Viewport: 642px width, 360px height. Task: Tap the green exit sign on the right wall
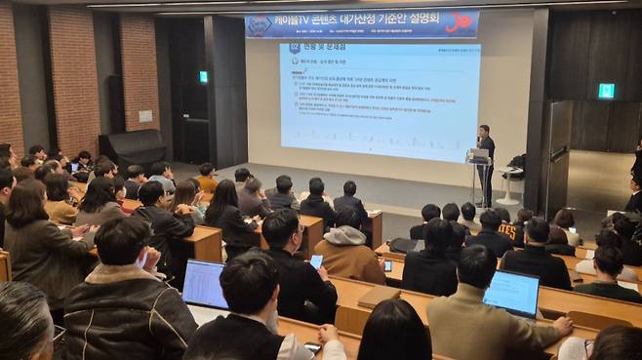(606, 91)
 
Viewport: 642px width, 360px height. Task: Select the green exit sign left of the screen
(203, 77)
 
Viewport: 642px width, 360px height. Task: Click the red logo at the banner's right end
(460, 21)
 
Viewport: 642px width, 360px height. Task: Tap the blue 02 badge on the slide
(295, 47)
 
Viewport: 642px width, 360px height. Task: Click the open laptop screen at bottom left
(205, 284)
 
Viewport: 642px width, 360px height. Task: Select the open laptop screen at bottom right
(512, 292)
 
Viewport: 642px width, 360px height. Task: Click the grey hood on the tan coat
(344, 236)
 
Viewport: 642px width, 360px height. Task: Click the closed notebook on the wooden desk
(380, 296)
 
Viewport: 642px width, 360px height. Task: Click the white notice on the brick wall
(144, 115)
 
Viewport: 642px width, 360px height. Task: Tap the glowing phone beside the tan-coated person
(316, 261)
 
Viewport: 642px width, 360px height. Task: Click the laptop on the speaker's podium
(475, 153)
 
